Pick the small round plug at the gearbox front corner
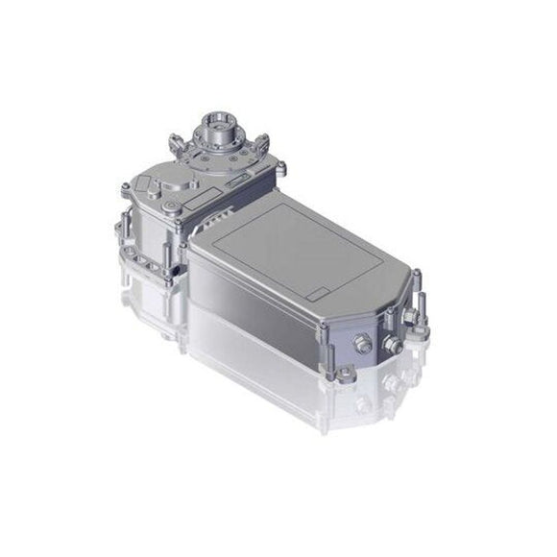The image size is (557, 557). [x=170, y=206]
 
